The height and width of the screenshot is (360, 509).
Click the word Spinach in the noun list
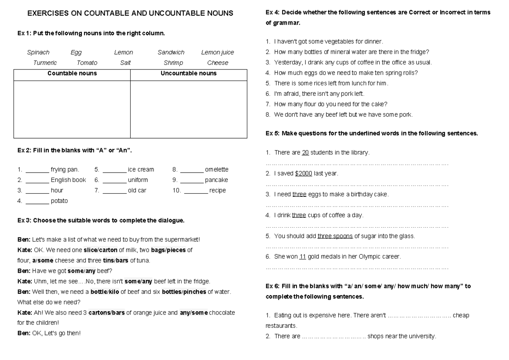(38, 53)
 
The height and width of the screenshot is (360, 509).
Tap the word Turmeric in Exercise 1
(45, 63)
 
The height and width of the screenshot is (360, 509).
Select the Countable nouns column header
(72, 73)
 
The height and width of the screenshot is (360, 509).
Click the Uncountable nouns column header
(188, 73)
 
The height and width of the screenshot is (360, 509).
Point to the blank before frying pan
(37, 170)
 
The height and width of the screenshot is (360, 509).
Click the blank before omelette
(192, 170)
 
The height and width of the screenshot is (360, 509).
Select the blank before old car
(115, 191)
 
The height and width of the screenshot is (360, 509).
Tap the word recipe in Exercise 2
(218, 191)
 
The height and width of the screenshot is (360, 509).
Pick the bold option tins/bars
(116, 260)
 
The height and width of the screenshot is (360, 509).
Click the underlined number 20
(305, 153)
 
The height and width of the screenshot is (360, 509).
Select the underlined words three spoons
(335, 236)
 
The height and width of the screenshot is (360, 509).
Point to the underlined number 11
(302, 257)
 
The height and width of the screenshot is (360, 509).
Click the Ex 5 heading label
(272, 134)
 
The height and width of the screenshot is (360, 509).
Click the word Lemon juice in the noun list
(217, 53)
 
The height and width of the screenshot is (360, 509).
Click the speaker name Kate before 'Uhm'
(24, 281)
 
